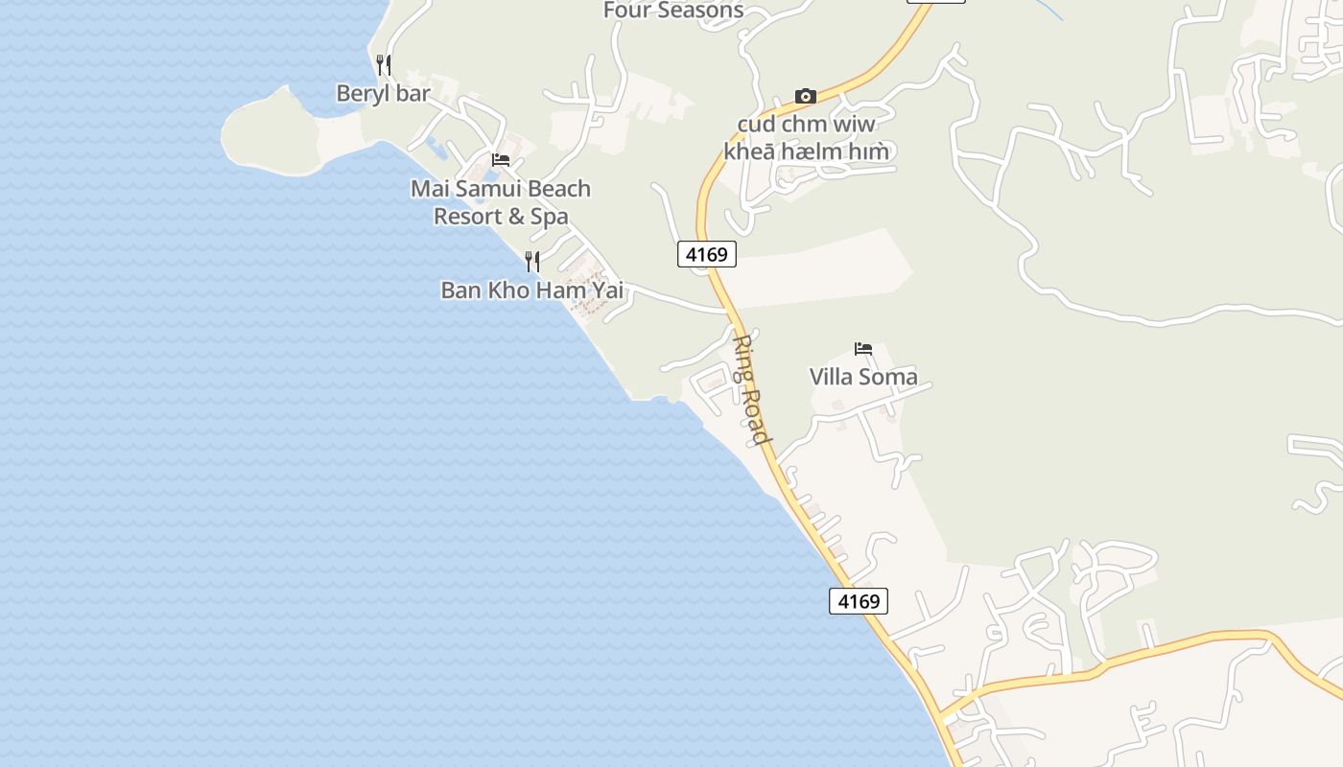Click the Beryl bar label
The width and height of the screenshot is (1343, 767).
(x=383, y=93)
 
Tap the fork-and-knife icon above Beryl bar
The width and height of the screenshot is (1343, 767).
(x=383, y=65)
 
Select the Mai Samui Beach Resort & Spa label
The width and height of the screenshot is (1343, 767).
(x=501, y=202)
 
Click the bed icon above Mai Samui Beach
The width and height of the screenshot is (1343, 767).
(x=501, y=160)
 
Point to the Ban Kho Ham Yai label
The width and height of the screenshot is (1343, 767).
(x=531, y=290)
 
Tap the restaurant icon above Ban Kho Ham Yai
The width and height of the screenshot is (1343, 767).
(x=532, y=261)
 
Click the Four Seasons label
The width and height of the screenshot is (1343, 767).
(x=673, y=11)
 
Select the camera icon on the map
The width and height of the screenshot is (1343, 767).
(x=806, y=96)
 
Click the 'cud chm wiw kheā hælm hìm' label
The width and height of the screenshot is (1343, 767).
(x=806, y=138)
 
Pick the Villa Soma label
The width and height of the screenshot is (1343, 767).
(x=863, y=377)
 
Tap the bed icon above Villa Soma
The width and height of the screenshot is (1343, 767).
(x=863, y=349)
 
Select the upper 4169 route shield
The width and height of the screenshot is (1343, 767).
(x=707, y=254)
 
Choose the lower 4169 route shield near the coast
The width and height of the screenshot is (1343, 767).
(x=859, y=601)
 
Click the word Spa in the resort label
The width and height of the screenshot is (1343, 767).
(x=550, y=217)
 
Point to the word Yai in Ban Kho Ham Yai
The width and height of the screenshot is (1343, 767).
(x=605, y=290)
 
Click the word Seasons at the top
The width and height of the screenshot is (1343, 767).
(x=701, y=11)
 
